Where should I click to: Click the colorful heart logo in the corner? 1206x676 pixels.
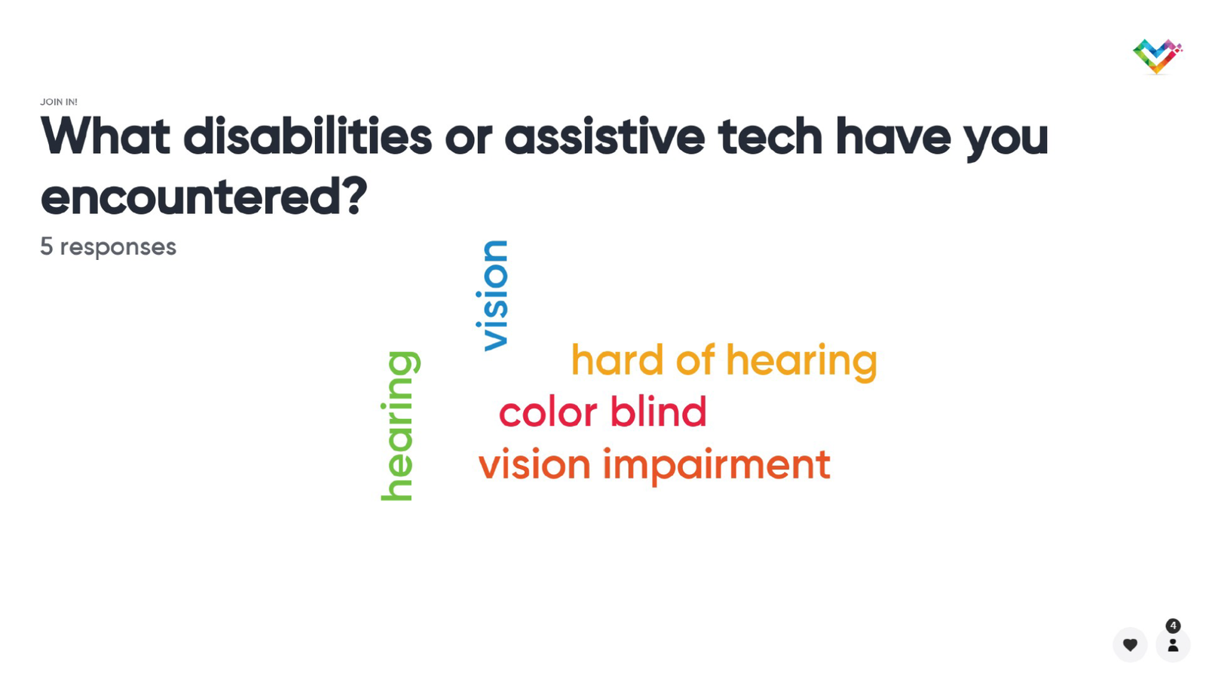pyautogui.click(x=1157, y=56)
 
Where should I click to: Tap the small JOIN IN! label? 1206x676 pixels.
pyautogui.click(x=59, y=102)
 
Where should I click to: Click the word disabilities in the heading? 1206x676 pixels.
pyautogui.click(x=308, y=136)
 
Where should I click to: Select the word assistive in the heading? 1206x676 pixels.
pyautogui.click(x=605, y=136)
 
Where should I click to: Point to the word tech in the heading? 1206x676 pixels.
pyautogui.click(x=770, y=136)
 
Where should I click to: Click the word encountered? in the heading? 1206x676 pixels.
pyautogui.click(x=204, y=196)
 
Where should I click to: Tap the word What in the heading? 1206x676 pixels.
pyautogui.click(x=106, y=136)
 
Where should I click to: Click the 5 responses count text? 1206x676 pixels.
pyautogui.click(x=109, y=246)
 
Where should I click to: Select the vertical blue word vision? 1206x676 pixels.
pyautogui.click(x=492, y=295)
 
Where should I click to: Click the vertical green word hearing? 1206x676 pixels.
pyautogui.click(x=400, y=426)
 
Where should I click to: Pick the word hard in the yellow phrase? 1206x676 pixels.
pyautogui.click(x=617, y=359)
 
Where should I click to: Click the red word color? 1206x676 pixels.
pyautogui.click(x=548, y=412)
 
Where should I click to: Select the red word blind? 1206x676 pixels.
pyautogui.click(x=658, y=411)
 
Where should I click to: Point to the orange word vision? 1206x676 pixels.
pyautogui.click(x=534, y=463)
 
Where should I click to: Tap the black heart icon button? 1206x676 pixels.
pyautogui.click(x=1130, y=644)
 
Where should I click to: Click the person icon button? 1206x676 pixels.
pyautogui.click(x=1173, y=645)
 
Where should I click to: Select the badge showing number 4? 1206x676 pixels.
pyautogui.click(x=1173, y=626)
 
